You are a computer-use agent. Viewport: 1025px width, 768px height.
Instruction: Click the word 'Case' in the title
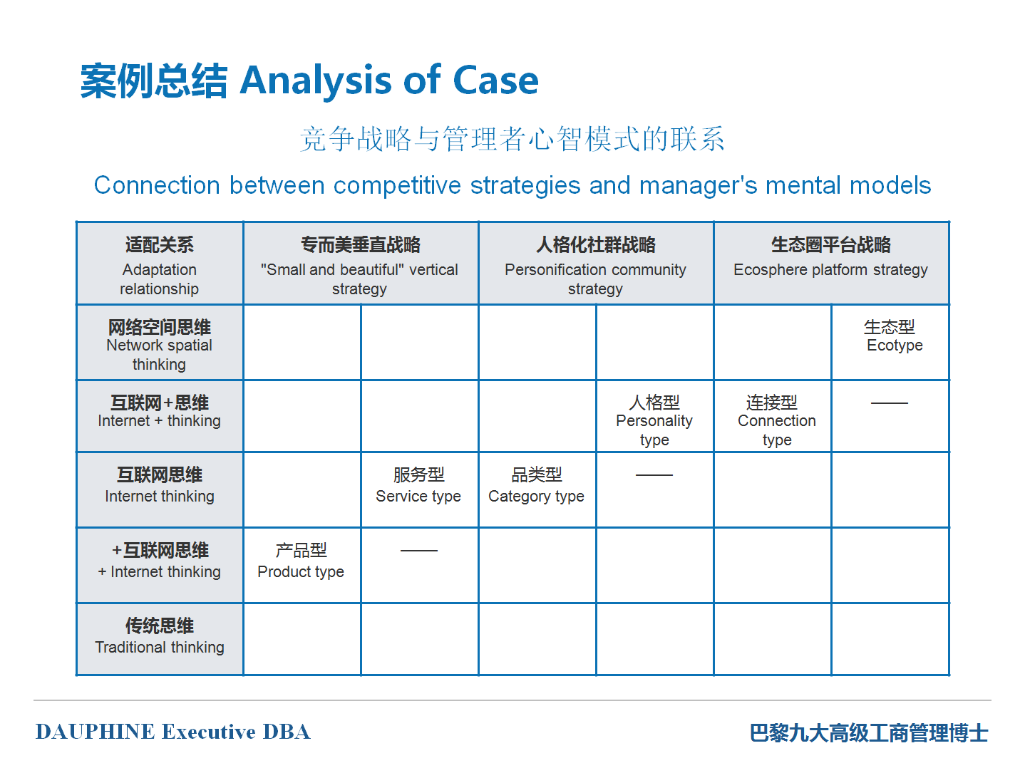click(x=495, y=81)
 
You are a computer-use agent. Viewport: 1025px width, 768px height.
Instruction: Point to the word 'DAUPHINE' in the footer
click(x=96, y=732)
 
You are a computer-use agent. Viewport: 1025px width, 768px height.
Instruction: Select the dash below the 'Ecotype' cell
click(x=889, y=403)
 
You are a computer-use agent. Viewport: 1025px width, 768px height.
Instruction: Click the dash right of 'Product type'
click(x=419, y=551)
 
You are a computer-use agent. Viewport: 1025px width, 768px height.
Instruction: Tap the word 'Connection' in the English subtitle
click(x=157, y=185)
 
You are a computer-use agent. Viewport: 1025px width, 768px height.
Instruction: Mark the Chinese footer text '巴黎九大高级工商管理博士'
click(x=869, y=732)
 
